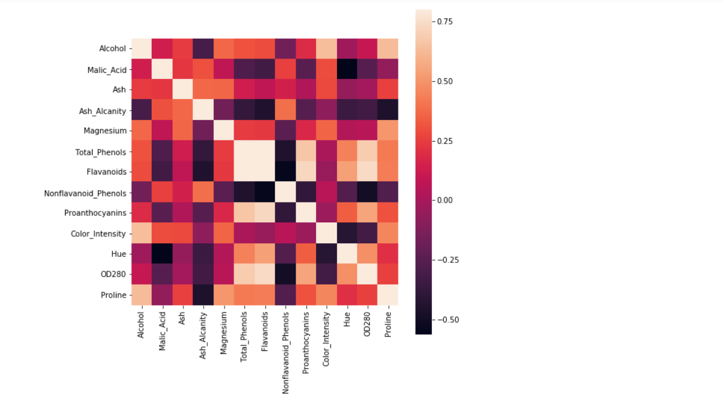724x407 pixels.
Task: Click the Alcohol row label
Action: pyautogui.click(x=113, y=48)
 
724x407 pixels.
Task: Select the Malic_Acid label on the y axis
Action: pyautogui.click(x=107, y=69)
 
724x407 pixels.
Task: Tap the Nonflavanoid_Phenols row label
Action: pyautogui.click(x=85, y=192)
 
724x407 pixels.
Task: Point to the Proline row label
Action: pyautogui.click(x=113, y=295)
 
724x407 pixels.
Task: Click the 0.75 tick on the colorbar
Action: pyautogui.click(x=444, y=22)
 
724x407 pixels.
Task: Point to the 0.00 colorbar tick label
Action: pyautogui.click(x=444, y=200)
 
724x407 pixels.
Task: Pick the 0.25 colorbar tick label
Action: pyautogui.click(x=444, y=141)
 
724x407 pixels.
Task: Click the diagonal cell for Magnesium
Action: pyautogui.click(x=223, y=131)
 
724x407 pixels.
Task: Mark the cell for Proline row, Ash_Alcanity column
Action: pyautogui.click(x=203, y=295)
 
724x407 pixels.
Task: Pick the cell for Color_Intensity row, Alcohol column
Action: pyautogui.click(x=142, y=234)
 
